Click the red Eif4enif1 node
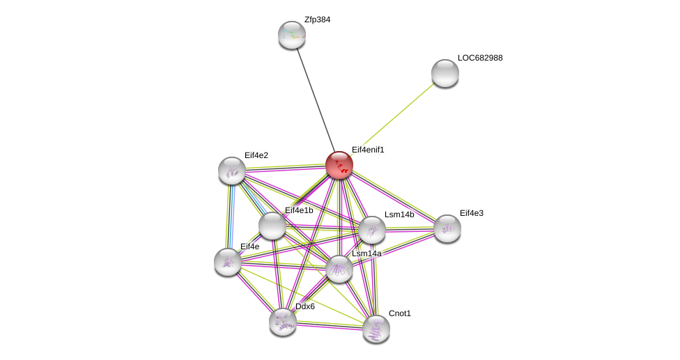339,165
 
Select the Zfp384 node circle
292,35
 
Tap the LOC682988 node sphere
445,73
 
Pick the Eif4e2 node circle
232,171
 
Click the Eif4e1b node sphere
272,226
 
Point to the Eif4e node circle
228,262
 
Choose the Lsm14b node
372,230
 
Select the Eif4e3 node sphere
447,228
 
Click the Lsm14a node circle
339,269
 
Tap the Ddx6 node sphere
283,322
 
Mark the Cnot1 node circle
376,329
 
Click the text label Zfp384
317,19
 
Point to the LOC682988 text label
480,58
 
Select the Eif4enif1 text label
368,150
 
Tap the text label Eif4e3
471,213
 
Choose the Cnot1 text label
400,313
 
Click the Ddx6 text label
305,306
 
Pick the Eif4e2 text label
256,155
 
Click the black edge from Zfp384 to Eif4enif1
316,100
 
